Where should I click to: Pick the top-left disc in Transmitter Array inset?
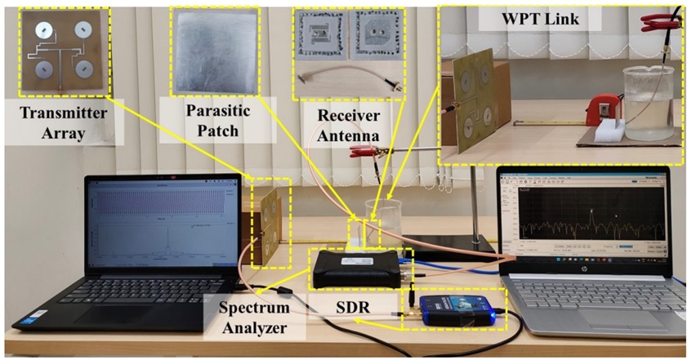tap(40, 29)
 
